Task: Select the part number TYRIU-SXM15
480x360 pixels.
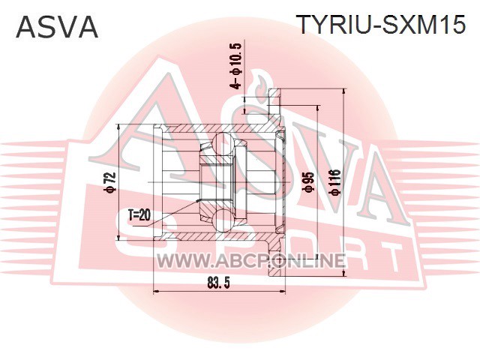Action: pos(382,24)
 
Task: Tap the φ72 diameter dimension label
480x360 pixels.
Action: pos(110,182)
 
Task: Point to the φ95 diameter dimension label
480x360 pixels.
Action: pos(308,181)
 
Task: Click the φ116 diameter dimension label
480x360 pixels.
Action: pos(334,181)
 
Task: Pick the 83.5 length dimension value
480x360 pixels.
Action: pos(218,283)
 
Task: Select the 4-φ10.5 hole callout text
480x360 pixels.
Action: pos(237,66)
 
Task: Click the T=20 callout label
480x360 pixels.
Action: pos(139,216)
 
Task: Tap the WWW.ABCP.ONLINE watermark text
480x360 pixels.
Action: pos(251,261)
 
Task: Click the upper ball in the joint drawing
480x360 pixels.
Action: pos(223,143)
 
